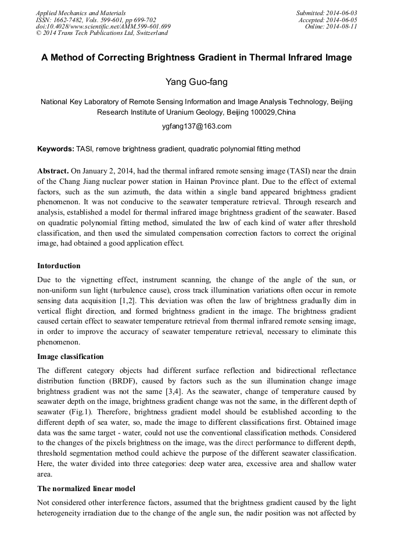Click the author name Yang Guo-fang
tap(196, 82)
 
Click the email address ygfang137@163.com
tap(196, 126)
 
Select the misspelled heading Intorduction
tap(59, 266)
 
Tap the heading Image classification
tap(70, 357)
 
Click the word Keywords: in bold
tap(56, 149)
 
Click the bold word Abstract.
tap(53, 172)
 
